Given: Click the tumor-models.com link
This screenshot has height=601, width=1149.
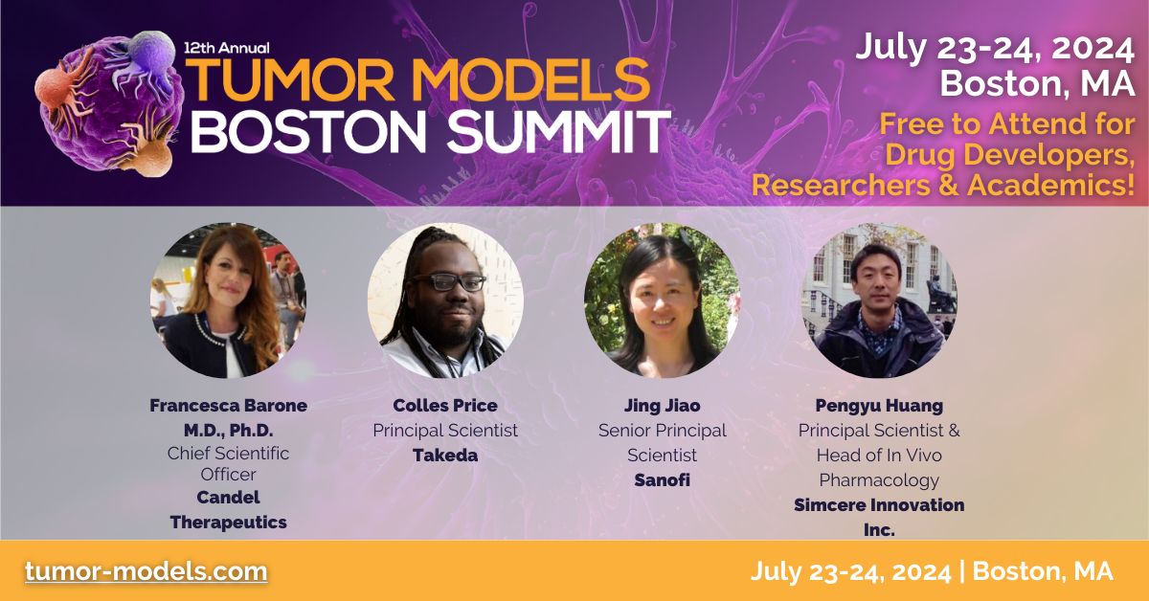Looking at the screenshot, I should click(146, 571).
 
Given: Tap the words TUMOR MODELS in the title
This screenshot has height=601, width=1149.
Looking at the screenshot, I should click(418, 80).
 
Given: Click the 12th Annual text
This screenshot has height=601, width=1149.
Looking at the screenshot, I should click(229, 46).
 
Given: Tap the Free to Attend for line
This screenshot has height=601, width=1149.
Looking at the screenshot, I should click(1007, 124).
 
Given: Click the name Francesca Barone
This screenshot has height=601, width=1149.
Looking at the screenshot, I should click(229, 405).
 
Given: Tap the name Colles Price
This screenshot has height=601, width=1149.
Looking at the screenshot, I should click(445, 405).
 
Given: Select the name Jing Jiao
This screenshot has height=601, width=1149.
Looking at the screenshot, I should click(662, 405).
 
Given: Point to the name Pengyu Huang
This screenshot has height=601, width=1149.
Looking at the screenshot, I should click(879, 405).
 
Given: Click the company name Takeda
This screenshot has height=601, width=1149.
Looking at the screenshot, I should click(445, 455).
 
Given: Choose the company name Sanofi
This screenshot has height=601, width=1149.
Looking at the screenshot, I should click(662, 479).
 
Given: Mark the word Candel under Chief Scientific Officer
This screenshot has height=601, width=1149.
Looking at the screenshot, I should click(229, 497).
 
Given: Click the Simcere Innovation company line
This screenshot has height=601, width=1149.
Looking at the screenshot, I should click(879, 504).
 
